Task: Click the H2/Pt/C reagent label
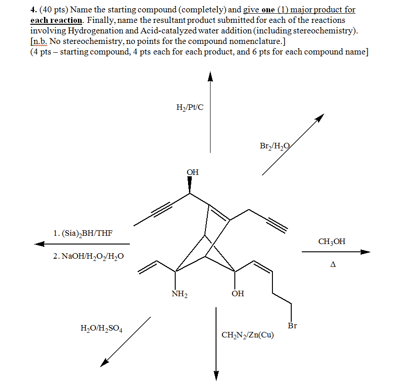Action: [x=189, y=108]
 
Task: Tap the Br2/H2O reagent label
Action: [x=274, y=146]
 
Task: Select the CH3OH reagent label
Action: [x=332, y=241]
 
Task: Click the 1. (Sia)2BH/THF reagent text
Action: [x=83, y=234]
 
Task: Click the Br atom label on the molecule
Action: [x=292, y=326]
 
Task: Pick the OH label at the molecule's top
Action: [x=193, y=172]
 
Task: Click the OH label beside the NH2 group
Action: [x=238, y=293]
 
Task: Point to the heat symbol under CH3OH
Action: [x=333, y=264]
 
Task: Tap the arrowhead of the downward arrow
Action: [x=216, y=375]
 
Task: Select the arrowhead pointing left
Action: [x=39, y=244]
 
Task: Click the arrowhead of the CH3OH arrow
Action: [x=365, y=251]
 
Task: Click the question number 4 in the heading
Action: [x=33, y=10]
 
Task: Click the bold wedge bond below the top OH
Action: [x=190, y=185]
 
